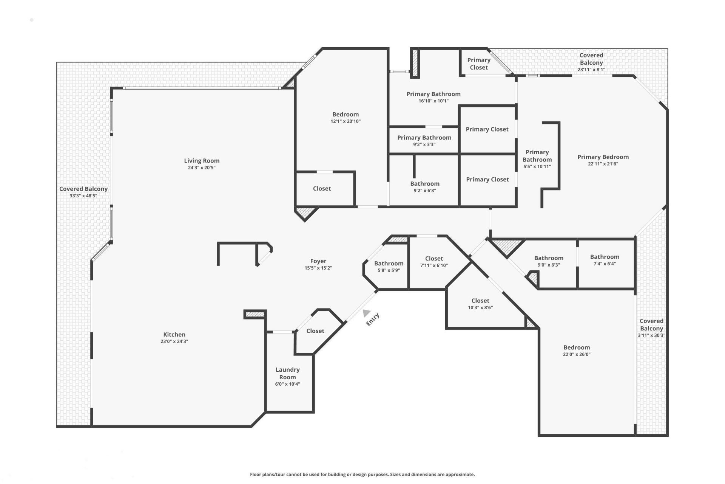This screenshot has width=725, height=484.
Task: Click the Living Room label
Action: point(202,161)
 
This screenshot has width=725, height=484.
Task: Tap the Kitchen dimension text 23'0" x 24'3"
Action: point(174,341)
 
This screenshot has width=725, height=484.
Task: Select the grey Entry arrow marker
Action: point(366,313)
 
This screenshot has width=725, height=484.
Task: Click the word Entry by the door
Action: point(373,320)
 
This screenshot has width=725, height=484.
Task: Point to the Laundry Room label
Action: point(287,373)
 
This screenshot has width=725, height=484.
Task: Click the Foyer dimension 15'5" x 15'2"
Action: point(318,268)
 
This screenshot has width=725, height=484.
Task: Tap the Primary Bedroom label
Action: point(603,157)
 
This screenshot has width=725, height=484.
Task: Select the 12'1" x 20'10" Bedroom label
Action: point(345,115)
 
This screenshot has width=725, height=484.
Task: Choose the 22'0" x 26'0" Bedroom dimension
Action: point(576,354)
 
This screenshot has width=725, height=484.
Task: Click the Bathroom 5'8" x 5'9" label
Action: point(389,264)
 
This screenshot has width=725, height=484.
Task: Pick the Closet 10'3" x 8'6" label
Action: point(480,301)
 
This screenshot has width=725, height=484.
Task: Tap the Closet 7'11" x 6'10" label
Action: point(434,259)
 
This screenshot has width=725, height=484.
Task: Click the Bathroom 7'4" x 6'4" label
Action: point(605,257)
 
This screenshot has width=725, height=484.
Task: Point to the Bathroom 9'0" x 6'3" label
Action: point(548,258)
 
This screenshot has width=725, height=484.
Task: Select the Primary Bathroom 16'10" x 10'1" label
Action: point(433,94)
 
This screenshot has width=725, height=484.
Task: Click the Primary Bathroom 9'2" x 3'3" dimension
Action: point(424,144)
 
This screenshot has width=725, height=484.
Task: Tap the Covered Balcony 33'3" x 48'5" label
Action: point(83,189)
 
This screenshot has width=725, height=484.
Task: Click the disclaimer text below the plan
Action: point(362,474)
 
